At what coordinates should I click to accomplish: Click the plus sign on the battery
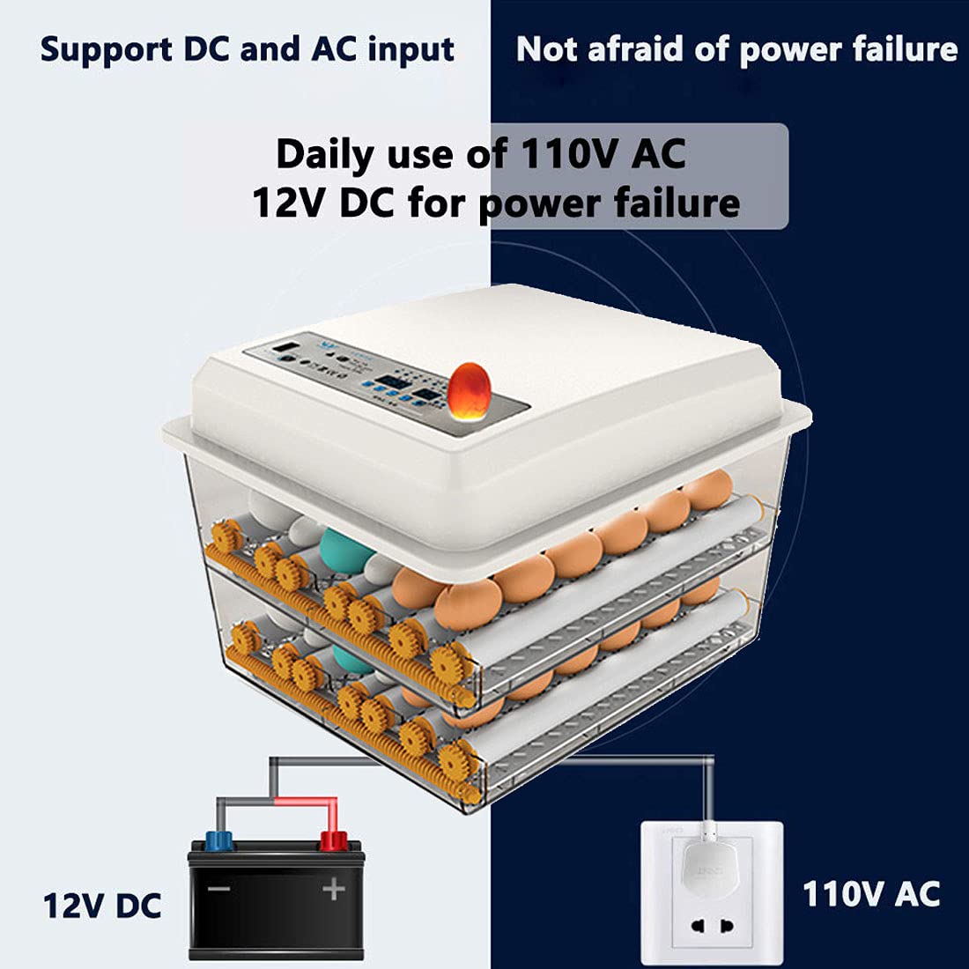333,889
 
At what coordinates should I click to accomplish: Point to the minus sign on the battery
218,890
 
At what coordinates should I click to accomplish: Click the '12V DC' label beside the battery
102,905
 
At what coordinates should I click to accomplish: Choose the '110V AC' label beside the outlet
870,893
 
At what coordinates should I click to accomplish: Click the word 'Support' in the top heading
102,50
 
